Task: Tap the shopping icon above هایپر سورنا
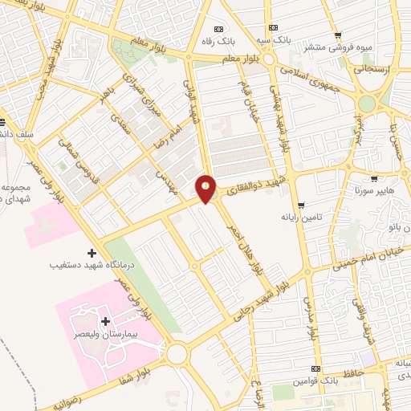coord(373,178)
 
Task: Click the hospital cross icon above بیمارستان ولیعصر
coord(105,321)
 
